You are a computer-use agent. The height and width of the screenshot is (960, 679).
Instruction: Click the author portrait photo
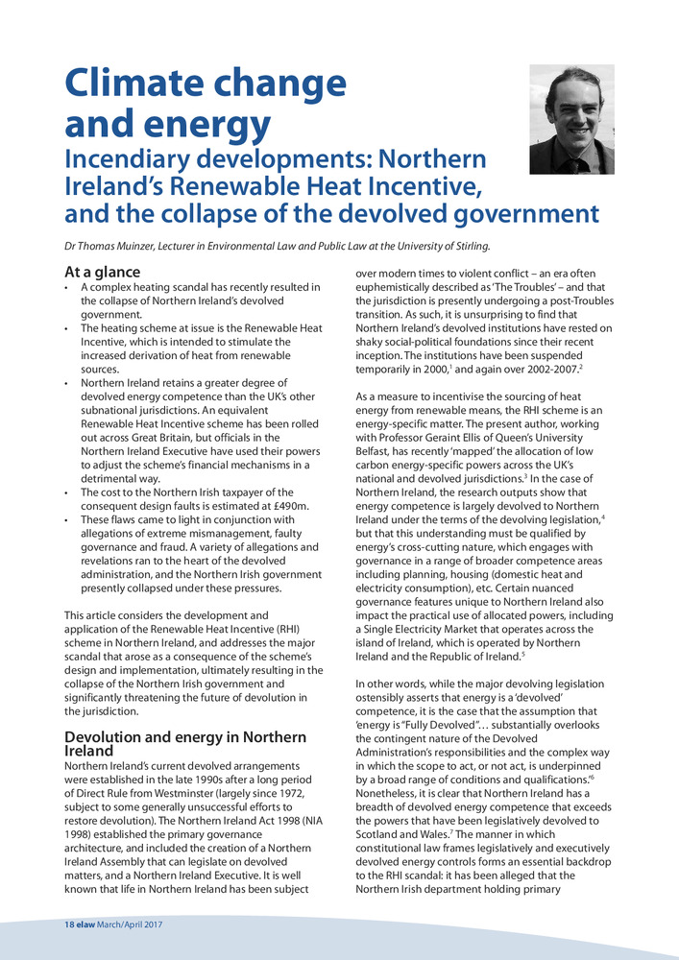[x=571, y=119]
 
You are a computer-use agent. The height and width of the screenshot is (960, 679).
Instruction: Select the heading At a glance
[x=102, y=272]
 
